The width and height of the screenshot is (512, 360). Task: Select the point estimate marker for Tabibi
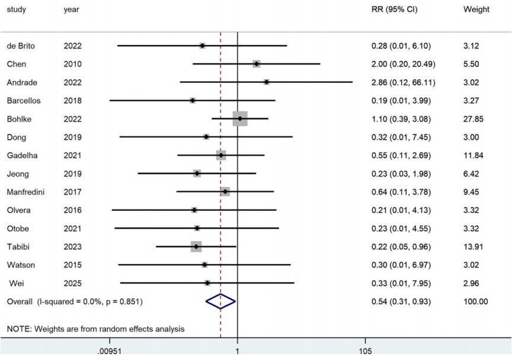click(196, 246)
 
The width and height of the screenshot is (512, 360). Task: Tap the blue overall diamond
click(220, 301)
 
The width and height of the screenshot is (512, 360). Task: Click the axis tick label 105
click(365, 351)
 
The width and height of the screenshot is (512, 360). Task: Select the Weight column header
click(476, 9)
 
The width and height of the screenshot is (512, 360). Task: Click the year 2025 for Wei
click(73, 283)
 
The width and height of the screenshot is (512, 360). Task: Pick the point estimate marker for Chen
click(256, 64)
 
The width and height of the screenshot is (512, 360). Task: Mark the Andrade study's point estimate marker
click(267, 82)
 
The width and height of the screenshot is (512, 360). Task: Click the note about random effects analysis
click(95, 329)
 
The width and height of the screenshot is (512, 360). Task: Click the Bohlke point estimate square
click(240, 119)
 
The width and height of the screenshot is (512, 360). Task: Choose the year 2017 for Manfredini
click(73, 192)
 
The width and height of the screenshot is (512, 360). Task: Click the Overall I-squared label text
click(75, 301)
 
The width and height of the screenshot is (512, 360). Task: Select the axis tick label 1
click(238, 351)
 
